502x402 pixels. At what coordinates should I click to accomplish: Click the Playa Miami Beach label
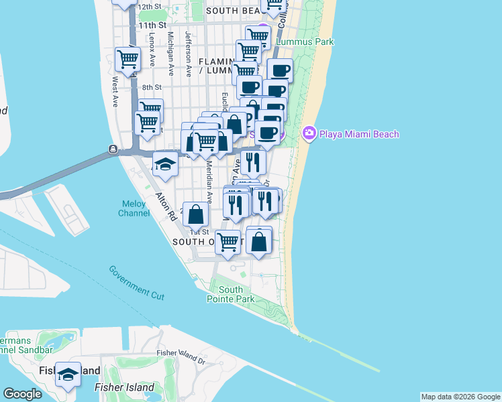click(359, 134)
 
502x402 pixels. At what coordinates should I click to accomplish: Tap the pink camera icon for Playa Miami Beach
click(309, 133)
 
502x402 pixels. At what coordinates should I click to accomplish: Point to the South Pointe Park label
click(230, 295)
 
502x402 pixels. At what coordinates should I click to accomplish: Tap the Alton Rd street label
click(165, 208)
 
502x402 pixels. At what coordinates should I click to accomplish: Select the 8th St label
click(152, 87)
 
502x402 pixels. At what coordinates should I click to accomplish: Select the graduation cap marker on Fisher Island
click(68, 375)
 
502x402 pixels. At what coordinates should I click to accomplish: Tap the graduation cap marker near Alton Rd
click(164, 163)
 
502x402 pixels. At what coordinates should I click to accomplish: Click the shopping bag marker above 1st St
click(195, 214)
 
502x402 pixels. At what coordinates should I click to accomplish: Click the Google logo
click(23, 394)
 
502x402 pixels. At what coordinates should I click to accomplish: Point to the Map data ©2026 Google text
click(460, 397)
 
